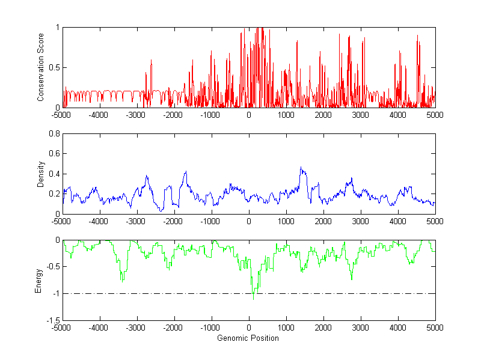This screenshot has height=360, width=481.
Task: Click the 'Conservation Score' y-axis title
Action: (x=41, y=67)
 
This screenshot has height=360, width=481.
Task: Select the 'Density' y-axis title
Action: (x=41, y=174)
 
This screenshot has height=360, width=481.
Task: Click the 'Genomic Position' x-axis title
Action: (x=248, y=338)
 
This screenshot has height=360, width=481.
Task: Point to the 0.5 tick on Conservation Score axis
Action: (x=54, y=67)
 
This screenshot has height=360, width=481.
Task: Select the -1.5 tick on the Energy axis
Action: (x=52, y=320)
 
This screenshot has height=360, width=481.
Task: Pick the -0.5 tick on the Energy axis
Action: (x=52, y=267)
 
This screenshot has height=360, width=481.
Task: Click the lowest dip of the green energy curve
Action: (x=253, y=299)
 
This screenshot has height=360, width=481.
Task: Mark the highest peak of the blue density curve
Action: (x=301, y=167)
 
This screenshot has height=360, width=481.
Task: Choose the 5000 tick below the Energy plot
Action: (x=435, y=328)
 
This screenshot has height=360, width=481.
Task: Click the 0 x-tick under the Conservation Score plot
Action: (x=248, y=114)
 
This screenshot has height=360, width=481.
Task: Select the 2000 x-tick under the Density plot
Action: (x=323, y=221)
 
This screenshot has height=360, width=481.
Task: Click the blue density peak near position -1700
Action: (x=186, y=171)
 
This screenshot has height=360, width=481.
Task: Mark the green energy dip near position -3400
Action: (x=121, y=281)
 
